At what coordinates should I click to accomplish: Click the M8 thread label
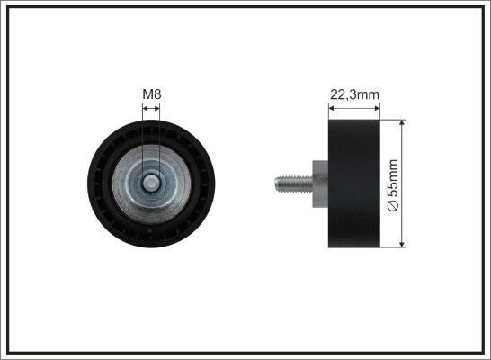click(152, 94)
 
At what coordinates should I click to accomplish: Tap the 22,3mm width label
click(354, 94)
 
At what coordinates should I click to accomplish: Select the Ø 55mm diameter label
click(393, 184)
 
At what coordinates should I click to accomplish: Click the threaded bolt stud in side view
click(294, 184)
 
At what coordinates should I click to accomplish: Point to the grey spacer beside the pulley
click(320, 184)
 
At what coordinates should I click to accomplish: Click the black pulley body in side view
click(354, 184)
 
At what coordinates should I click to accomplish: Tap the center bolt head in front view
click(151, 184)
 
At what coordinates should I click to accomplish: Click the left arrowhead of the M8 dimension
click(145, 108)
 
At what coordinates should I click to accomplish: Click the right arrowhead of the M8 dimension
click(157, 108)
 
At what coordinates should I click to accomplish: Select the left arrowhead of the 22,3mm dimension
click(331, 108)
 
